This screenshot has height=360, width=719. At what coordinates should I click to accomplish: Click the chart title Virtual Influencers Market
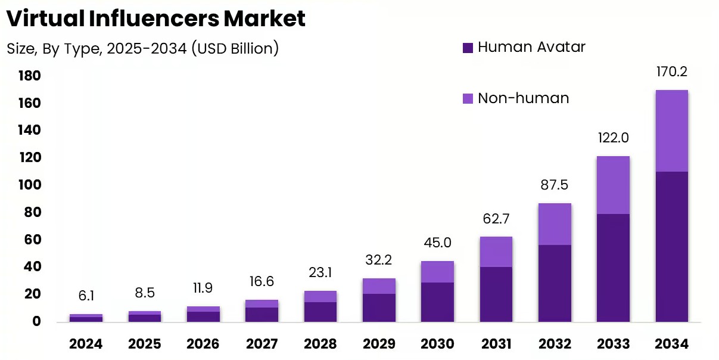(x=156, y=19)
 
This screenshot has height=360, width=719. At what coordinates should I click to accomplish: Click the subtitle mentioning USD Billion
(x=143, y=48)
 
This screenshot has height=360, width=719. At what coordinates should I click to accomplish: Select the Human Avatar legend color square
(x=468, y=48)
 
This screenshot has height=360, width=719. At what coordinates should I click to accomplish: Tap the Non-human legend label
(x=523, y=98)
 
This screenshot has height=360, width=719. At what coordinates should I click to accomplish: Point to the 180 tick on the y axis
(x=29, y=76)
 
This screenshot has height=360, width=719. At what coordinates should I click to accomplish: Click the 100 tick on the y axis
(x=29, y=185)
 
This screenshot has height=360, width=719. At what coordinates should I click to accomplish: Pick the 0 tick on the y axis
(x=36, y=322)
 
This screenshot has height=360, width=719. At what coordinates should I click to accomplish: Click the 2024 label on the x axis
(x=86, y=344)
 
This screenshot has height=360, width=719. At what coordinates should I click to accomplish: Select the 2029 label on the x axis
(x=379, y=344)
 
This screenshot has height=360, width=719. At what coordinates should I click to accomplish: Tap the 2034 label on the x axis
(x=671, y=344)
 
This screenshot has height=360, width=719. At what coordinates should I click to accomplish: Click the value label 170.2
(x=671, y=72)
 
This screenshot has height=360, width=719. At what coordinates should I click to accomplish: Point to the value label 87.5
(x=555, y=185)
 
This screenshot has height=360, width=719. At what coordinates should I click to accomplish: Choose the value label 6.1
(x=86, y=296)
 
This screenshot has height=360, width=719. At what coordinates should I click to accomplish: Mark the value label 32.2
(x=379, y=260)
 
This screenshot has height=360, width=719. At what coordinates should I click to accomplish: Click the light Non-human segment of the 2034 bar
(x=671, y=131)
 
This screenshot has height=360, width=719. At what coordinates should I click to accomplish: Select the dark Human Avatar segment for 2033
(x=613, y=268)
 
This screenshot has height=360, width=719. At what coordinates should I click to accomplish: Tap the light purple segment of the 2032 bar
(x=555, y=224)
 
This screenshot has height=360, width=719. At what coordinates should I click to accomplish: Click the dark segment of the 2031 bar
(x=496, y=294)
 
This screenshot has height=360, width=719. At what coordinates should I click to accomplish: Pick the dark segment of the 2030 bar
(x=437, y=302)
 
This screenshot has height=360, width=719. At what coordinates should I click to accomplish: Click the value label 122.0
(x=613, y=138)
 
